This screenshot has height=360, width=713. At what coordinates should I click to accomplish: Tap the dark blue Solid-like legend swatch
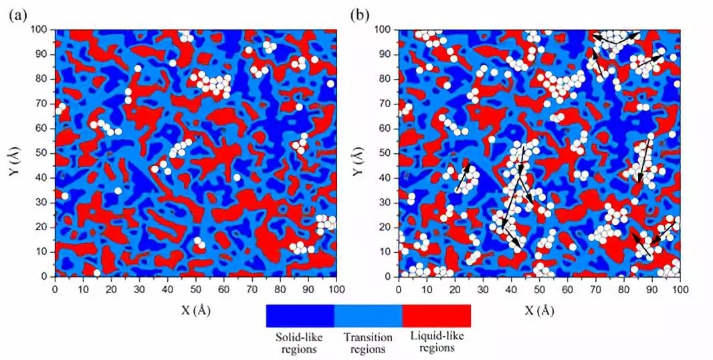[300, 315]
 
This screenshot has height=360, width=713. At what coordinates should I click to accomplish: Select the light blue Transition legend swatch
[368, 315]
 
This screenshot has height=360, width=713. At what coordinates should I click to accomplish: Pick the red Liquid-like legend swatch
[436, 315]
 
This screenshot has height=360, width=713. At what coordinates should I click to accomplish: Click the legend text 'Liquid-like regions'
[436, 342]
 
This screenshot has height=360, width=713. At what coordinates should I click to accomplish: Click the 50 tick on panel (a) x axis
[195, 288]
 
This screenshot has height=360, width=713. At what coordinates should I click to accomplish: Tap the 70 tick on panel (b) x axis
[595, 288]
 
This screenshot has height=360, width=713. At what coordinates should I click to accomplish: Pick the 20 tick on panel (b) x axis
[455, 288]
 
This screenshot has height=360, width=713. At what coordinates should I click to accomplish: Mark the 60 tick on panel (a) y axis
[44, 128]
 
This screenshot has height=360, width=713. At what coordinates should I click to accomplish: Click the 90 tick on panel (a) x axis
[308, 288]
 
